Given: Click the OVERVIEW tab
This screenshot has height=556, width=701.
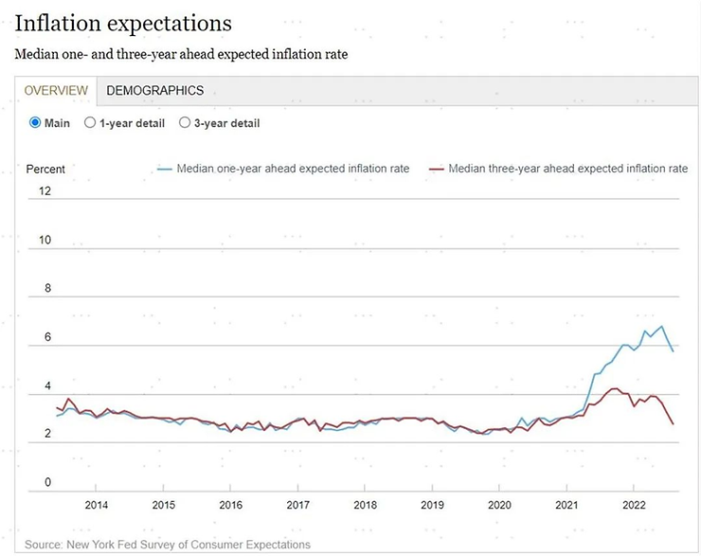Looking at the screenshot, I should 56,91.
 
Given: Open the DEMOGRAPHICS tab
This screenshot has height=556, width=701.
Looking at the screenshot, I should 154,91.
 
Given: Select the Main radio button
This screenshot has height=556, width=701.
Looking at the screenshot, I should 36,123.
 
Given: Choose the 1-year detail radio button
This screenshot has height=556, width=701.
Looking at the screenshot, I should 90,123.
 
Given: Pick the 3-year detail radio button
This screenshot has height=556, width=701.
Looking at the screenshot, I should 185,123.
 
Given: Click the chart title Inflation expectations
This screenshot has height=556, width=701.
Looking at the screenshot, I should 123,23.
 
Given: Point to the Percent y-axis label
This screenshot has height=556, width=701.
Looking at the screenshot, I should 45,169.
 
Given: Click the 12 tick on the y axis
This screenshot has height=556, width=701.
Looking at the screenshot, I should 44,191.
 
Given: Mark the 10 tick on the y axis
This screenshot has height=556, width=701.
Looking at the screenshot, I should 44,241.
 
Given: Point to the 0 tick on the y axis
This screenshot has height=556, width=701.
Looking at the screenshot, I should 46,483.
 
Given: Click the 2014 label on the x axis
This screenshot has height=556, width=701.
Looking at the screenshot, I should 97,505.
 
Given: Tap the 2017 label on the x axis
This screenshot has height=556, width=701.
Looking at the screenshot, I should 298,505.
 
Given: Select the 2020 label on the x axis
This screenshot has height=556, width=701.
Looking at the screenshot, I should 499,505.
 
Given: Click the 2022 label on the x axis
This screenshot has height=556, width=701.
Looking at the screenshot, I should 634,505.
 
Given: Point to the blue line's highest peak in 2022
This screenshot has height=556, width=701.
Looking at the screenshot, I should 661,327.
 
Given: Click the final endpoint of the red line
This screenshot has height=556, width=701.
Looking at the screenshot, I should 674,424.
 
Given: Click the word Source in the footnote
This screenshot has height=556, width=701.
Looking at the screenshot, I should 43,545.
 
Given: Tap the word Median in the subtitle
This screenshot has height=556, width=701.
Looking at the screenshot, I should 35,54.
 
